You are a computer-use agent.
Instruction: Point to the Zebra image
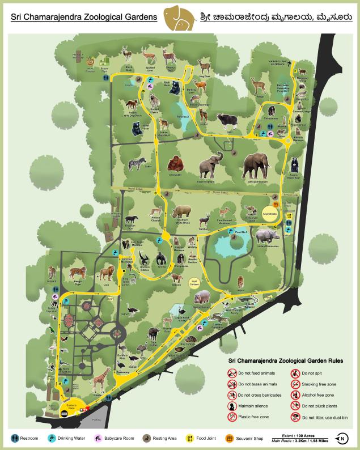[x=133, y=164]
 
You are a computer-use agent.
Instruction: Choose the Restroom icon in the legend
[x=15, y=438]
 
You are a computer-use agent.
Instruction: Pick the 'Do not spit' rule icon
[x=295, y=373]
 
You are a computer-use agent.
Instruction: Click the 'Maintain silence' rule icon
[x=232, y=406]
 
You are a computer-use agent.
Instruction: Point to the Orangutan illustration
[x=176, y=164]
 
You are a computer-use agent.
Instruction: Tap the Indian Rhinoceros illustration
[x=266, y=235]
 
